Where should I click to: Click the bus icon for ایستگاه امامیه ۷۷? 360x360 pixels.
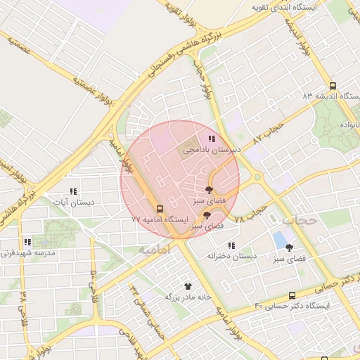[160, 209]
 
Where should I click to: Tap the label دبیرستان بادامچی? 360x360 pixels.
[212, 150]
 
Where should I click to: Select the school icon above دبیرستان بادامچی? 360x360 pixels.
[212, 139]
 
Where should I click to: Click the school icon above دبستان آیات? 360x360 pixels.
[72, 191]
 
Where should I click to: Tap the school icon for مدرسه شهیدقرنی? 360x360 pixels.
[27, 242]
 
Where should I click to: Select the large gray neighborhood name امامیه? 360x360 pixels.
[155, 250]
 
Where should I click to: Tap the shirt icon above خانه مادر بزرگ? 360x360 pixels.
[188, 286]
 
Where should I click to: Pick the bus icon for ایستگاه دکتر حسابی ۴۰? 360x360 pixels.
[292, 296]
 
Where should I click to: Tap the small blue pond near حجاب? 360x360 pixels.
[281, 239]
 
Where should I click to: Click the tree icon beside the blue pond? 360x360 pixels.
[289, 247]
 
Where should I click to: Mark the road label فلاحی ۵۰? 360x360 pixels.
[92, 287]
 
